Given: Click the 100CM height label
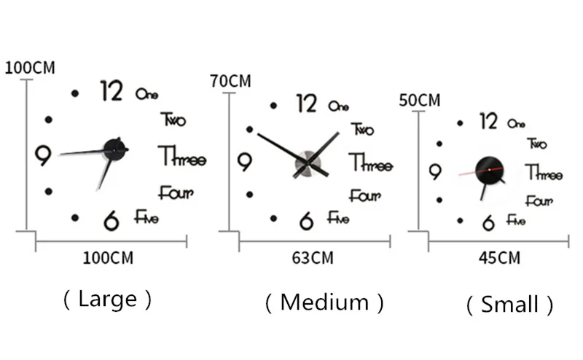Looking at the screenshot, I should (30, 68).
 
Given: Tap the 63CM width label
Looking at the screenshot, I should (312, 257).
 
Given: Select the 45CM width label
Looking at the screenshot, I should (499, 257).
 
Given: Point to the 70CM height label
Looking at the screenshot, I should (230, 81).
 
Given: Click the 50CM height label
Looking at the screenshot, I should (420, 100).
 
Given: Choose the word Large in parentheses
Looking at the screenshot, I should (107, 299).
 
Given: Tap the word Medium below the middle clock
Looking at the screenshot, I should (324, 302).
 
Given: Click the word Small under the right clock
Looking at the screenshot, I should (509, 304).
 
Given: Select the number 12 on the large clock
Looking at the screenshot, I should (111, 91).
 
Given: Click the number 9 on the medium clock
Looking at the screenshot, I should (245, 162).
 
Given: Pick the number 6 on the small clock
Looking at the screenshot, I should (488, 223).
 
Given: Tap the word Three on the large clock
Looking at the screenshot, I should (181, 157).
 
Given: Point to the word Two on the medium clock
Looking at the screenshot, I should (362, 129).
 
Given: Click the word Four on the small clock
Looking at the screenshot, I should (539, 200).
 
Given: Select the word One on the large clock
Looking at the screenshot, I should (146, 94).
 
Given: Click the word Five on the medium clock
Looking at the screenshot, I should (338, 217).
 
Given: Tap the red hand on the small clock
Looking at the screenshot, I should (471, 173).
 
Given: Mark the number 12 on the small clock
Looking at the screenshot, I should (488, 121).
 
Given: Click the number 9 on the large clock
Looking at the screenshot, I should (43, 154).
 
